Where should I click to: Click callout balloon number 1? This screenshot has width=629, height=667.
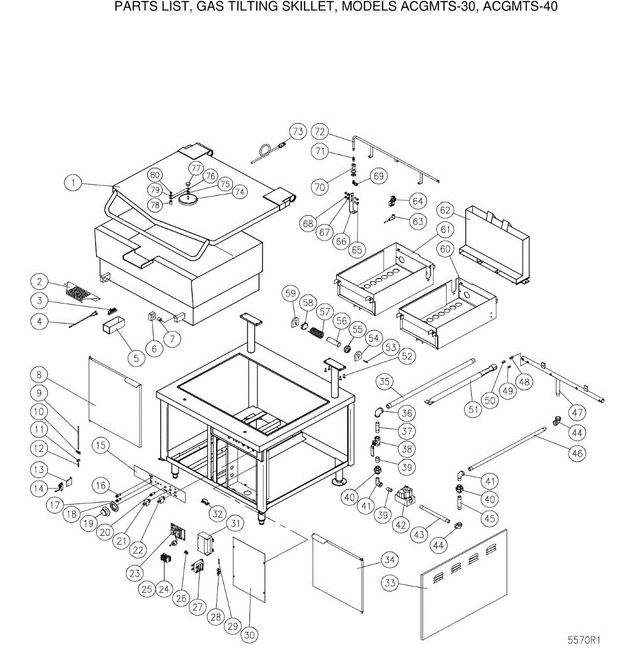pyautogui.click(x=73, y=183)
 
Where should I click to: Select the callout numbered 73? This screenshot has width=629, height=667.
pyautogui.click(x=298, y=132)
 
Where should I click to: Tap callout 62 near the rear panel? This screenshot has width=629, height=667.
pyautogui.click(x=445, y=210)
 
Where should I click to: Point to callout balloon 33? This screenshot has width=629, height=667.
pyautogui.click(x=390, y=583)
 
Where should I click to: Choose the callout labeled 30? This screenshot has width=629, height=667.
pyautogui.click(x=249, y=635)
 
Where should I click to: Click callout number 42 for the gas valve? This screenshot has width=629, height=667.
pyautogui.click(x=401, y=525)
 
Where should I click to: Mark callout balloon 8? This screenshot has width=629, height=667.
pyautogui.click(x=39, y=375)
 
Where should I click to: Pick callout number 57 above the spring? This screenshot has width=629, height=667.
pyautogui.click(x=325, y=312)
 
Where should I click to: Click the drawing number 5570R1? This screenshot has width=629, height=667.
pyautogui.click(x=583, y=640)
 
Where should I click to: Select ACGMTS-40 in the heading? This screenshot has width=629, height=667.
pyautogui.click(x=520, y=6)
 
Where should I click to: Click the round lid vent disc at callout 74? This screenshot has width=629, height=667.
pyautogui.click(x=188, y=200)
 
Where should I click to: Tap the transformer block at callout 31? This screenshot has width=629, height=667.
pyautogui.click(x=206, y=542)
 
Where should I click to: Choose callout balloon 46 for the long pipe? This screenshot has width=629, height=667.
pyautogui.click(x=577, y=454)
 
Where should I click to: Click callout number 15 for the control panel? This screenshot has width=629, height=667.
pyautogui.click(x=101, y=445)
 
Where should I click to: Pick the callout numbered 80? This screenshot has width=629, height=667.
pyautogui.click(x=155, y=175)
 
